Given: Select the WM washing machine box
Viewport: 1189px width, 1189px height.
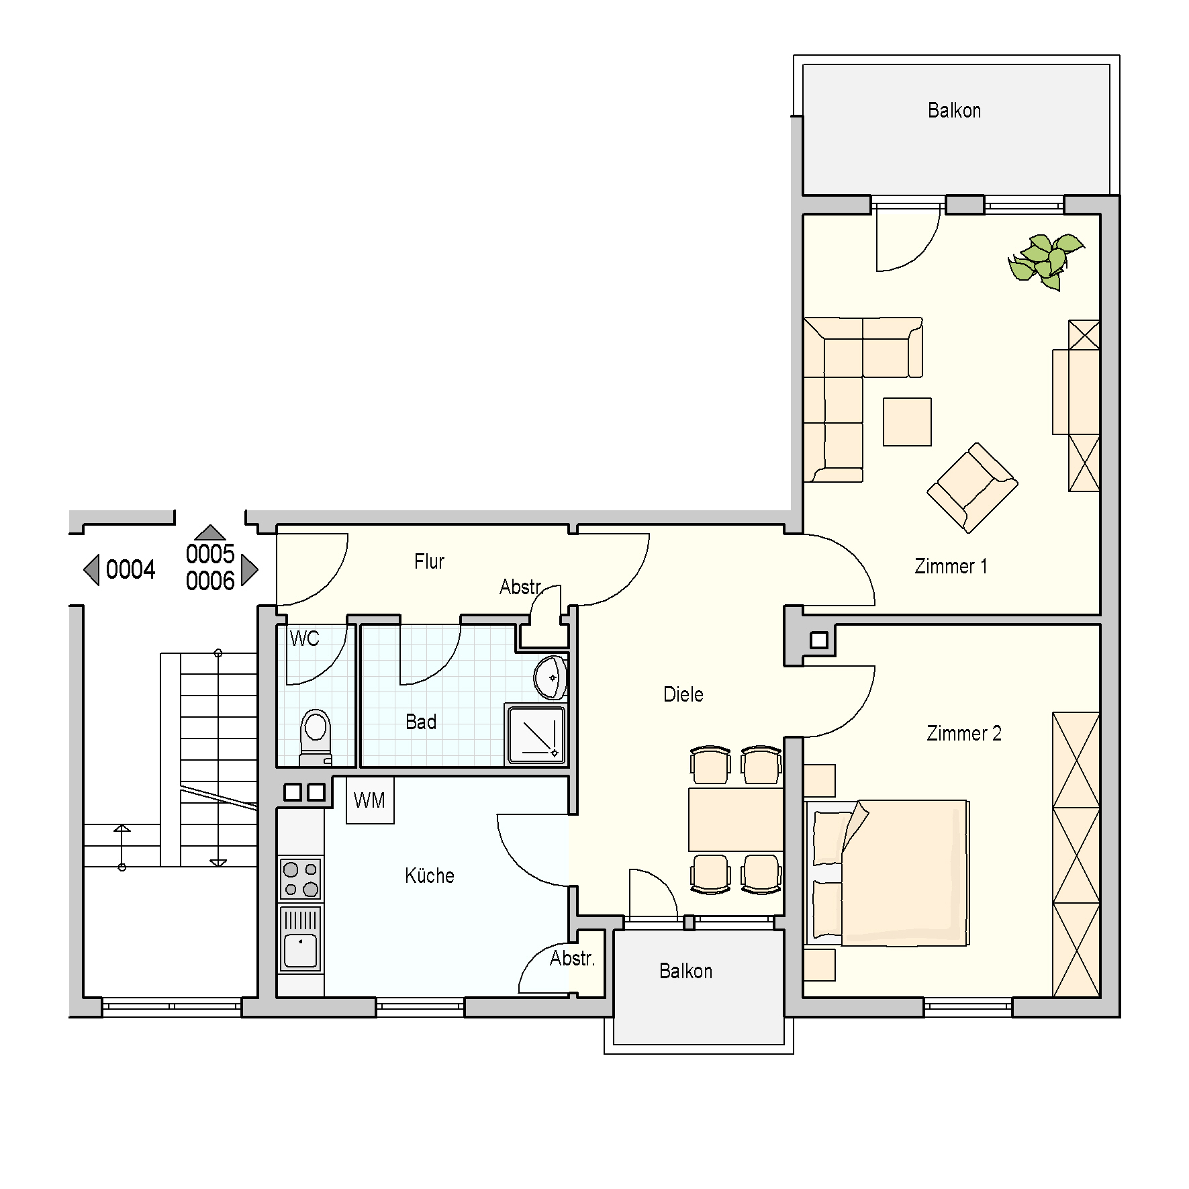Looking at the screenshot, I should tap(370, 800).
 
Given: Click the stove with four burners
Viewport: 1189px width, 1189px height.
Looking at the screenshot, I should tap(301, 879).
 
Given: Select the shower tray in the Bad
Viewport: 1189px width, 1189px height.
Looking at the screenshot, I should tap(536, 734).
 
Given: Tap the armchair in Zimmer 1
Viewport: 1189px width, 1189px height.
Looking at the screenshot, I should tap(973, 488).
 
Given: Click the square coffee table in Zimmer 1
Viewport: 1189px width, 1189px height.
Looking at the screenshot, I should tap(907, 422).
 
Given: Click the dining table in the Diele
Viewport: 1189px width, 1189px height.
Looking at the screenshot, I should tap(736, 820).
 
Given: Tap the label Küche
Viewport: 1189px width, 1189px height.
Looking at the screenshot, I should tap(430, 875).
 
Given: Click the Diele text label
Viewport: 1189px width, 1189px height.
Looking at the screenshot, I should tap(683, 694).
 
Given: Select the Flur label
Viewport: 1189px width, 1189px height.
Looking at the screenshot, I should tap(429, 561).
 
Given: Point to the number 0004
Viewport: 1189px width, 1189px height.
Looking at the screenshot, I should tap(130, 569).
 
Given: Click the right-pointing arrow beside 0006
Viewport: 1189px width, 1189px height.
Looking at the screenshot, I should tap(248, 569).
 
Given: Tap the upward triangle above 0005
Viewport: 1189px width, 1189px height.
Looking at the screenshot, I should tap(210, 532).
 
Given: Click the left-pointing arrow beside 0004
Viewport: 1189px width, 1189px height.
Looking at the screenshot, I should tap(92, 570).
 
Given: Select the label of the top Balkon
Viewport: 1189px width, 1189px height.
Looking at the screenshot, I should tap(954, 110).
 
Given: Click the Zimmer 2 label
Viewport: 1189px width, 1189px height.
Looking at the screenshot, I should tap(963, 733).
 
